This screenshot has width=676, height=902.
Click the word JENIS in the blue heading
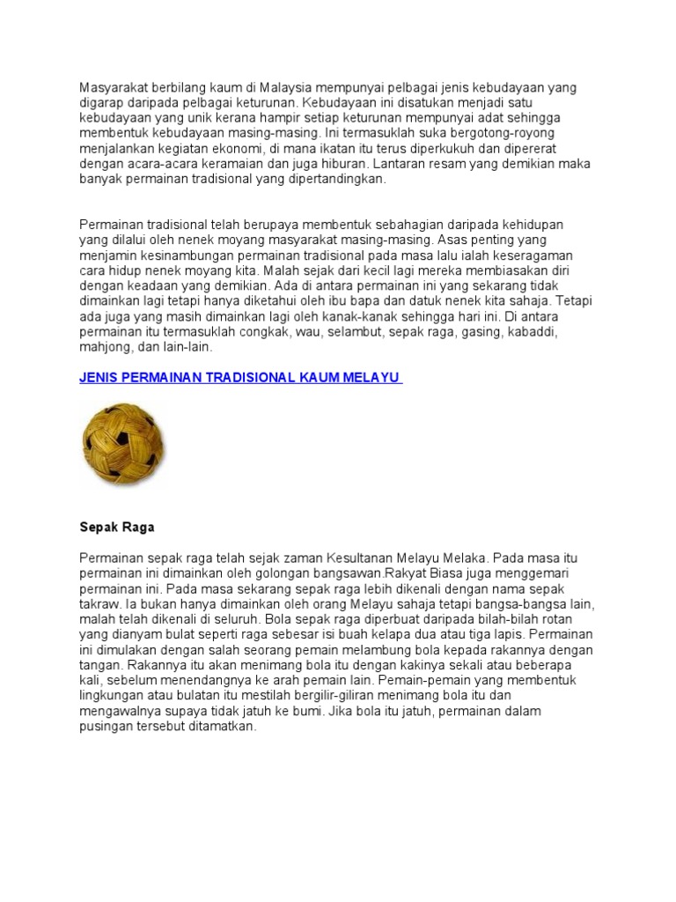[x=102, y=377]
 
